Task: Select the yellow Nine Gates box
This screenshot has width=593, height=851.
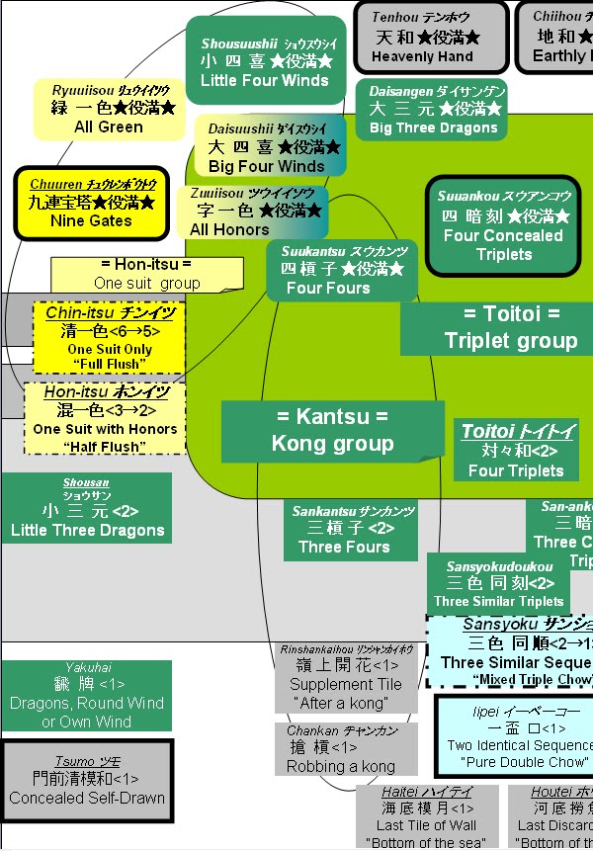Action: pos(91,203)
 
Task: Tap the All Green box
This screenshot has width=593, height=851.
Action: pos(108,109)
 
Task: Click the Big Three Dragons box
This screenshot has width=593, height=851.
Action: pos(433,109)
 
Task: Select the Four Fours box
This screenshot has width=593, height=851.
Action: pos(341,270)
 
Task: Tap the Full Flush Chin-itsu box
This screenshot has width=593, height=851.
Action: pos(109,337)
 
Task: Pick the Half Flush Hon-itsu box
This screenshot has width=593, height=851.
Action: pos(105,418)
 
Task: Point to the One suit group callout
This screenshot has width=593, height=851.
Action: pos(146,274)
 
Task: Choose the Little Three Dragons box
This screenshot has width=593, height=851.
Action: pos(87,508)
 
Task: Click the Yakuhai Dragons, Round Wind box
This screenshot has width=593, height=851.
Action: pos(87,696)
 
